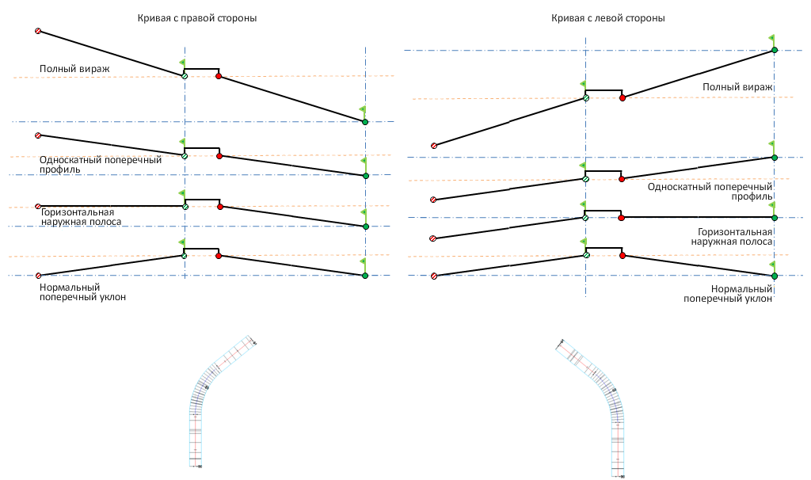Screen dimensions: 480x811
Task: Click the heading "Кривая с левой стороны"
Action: coord(607,17)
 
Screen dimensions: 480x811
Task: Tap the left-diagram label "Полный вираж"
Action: coord(74,68)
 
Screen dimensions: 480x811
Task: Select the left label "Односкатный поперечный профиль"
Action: coord(101,164)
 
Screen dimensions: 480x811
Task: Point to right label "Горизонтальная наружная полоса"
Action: coord(735,235)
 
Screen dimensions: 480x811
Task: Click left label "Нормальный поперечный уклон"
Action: coord(82,291)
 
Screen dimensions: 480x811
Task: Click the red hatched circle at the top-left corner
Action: coord(38,31)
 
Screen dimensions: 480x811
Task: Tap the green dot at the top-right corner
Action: coord(775,50)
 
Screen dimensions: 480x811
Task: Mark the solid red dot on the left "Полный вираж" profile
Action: coord(219,77)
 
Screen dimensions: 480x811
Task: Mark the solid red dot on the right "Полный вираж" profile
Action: coord(623,98)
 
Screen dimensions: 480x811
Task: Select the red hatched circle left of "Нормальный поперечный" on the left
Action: coord(38,276)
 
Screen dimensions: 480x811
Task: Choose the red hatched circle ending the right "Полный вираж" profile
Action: coord(433,146)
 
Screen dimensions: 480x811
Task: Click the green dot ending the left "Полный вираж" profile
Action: coord(365,122)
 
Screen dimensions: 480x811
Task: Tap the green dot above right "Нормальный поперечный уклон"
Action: coord(775,276)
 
